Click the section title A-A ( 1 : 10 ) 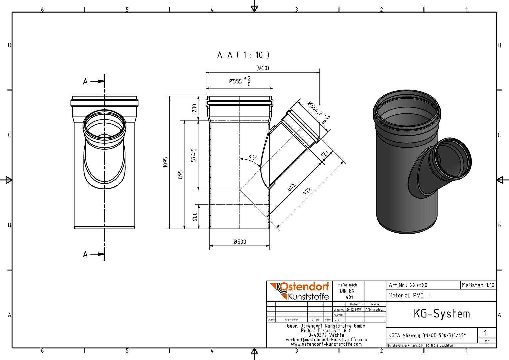tap(243, 55)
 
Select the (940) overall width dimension tap(263, 68)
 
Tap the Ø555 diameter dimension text tap(235, 81)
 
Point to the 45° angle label tap(253, 157)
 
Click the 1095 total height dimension tap(165, 162)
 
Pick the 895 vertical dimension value tap(180, 175)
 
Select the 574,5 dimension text tap(194, 155)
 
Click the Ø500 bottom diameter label tap(240, 242)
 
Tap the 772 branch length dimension tap(307, 192)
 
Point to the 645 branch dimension tap(292, 187)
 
